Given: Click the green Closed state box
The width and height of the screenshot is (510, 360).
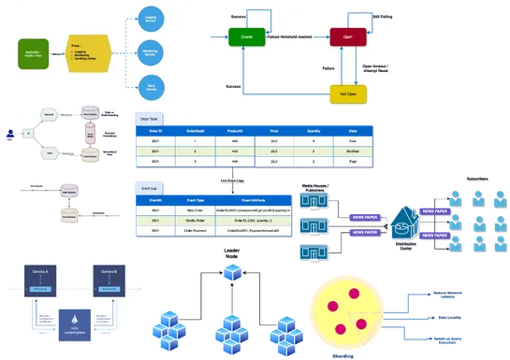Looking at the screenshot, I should click(247, 37).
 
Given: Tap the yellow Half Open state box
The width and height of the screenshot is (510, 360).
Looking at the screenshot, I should click(347, 95).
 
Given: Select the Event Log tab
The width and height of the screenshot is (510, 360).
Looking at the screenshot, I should click(150, 188).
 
